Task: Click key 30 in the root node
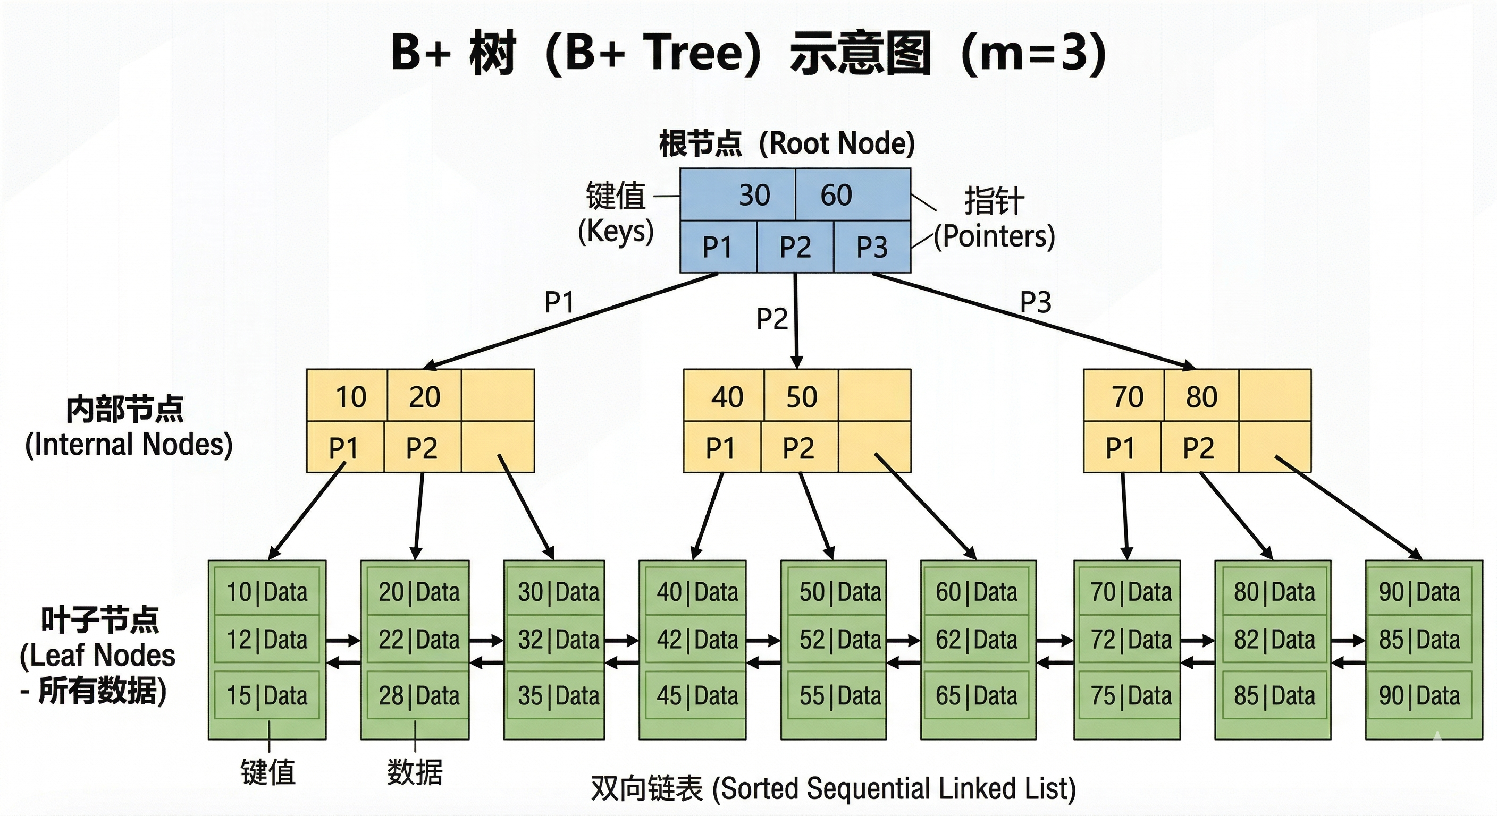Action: [754, 195]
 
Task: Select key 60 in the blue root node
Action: [836, 195]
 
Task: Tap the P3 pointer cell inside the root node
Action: [872, 247]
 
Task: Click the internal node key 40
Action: [727, 397]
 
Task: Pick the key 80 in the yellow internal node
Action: [1201, 397]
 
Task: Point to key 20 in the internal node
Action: [424, 397]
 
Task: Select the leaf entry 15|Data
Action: [267, 695]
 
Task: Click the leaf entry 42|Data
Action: [697, 640]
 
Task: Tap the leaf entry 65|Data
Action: [977, 695]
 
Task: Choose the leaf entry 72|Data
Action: [1131, 640]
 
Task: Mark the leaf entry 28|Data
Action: [419, 695]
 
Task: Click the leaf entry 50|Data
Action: [840, 592]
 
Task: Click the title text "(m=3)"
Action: [1034, 54]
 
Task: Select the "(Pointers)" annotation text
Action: [994, 236]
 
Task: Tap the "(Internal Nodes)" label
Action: [129, 445]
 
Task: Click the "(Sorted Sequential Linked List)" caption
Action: [894, 789]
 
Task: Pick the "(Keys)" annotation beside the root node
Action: [616, 231]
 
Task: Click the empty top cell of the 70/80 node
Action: [1275, 395]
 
